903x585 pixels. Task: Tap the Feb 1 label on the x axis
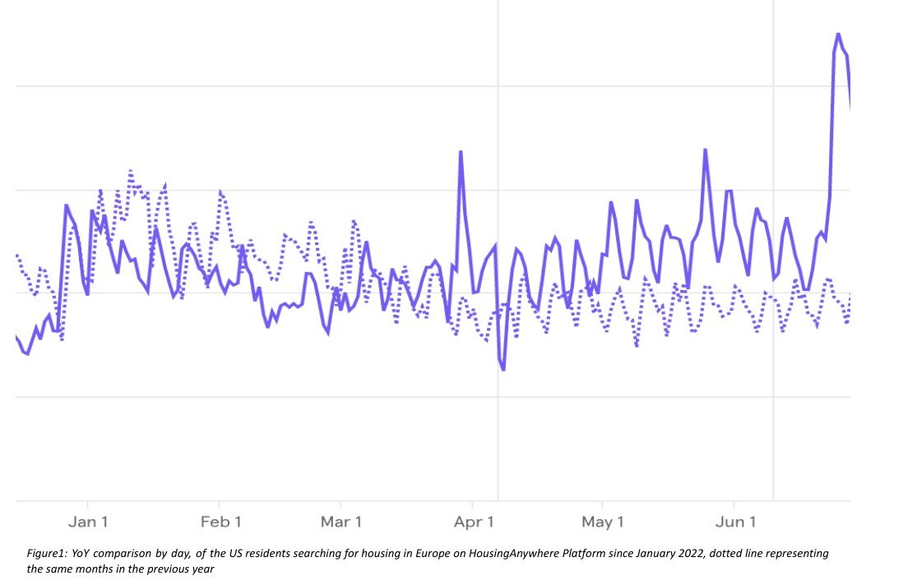click(x=220, y=522)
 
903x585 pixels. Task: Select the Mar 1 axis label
click(x=340, y=522)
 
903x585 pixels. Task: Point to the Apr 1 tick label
click(x=474, y=522)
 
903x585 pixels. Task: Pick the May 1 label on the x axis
click(x=602, y=522)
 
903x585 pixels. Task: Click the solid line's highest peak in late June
click(x=838, y=35)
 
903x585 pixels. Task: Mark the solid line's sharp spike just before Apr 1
click(x=461, y=152)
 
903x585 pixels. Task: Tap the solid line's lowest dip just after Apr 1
click(x=502, y=370)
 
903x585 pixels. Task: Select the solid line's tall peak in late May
click(x=706, y=150)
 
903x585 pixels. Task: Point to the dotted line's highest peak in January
click(x=130, y=171)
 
